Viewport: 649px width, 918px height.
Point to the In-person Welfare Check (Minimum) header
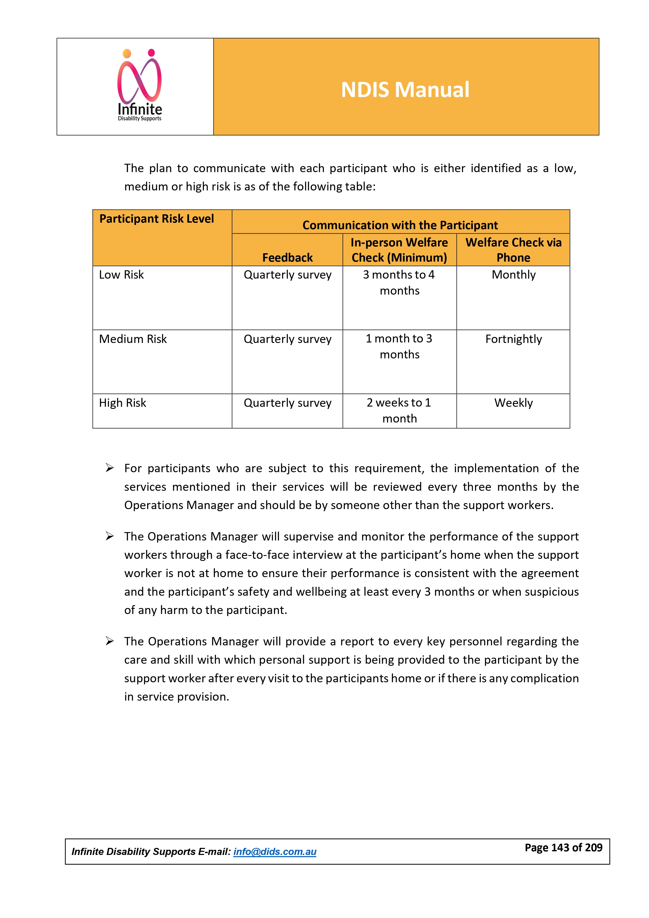(x=399, y=250)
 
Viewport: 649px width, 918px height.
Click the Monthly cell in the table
(x=514, y=275)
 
